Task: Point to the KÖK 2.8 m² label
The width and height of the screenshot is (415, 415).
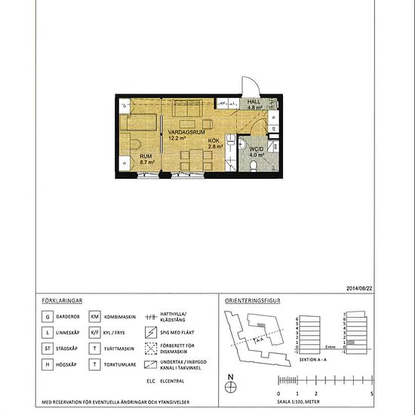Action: pyautogui.click(x=216, y=143)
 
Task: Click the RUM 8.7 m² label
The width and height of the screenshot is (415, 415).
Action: pyautogui.click(x=146, y=158)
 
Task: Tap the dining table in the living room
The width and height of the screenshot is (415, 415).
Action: pyautogui.click(x=194, y=159)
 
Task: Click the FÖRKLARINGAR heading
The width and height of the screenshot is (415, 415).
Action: pyautogui.click(x=62, y=300)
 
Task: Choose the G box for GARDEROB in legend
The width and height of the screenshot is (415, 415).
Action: pyautogui.click(x=48, y=317)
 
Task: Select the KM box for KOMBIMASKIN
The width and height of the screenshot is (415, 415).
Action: pyautogui.click(x=95, y=317)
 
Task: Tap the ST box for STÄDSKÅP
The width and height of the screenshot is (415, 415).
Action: pyautogui.click(x=48, y=349)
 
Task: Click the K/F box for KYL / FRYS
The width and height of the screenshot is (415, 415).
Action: pyautogui.click(x=95, y=333)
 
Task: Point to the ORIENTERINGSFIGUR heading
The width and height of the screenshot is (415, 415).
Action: pyautogui.click(x=253, y=300)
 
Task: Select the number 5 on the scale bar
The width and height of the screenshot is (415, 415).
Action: pyautogui.click(x=371, y=394)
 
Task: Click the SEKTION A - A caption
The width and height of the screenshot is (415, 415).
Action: pyautogui.click(x=314, y=361)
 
